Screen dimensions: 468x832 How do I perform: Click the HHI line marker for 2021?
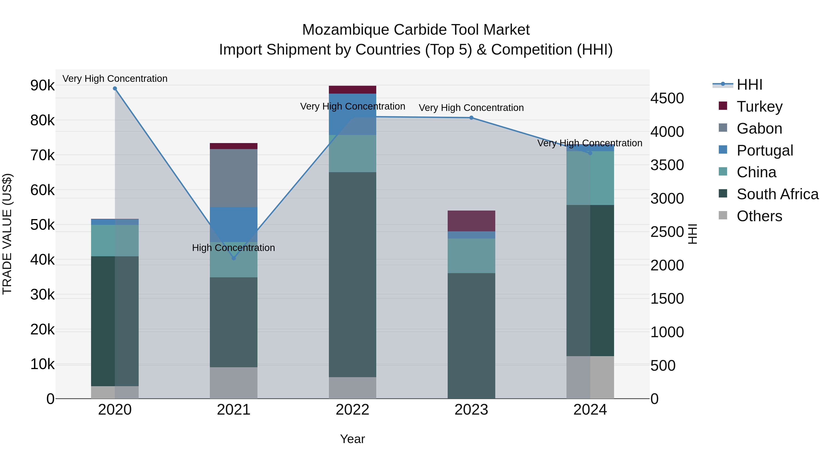coord(234,258)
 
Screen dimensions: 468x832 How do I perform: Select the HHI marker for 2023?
coord(471,118)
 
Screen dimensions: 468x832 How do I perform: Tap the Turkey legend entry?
coord(759,107)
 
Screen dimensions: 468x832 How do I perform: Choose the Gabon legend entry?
coord(759,128)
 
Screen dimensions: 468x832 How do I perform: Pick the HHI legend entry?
coord(749,85)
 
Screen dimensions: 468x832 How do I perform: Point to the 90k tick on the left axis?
coord(42,86)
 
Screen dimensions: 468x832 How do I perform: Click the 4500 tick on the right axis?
coord(667,98)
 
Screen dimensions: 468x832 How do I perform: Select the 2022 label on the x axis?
coord(352,410)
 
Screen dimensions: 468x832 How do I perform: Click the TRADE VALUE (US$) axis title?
coord(7,234)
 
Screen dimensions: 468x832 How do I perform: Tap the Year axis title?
coord(352,439)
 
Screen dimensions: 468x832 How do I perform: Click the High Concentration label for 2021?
coord(233,248)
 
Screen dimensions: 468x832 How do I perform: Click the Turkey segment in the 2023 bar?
coord(471,221)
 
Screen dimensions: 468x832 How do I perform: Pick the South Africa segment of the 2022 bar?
coord(352,275)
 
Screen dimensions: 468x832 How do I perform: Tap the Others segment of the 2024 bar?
coord(590,377)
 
